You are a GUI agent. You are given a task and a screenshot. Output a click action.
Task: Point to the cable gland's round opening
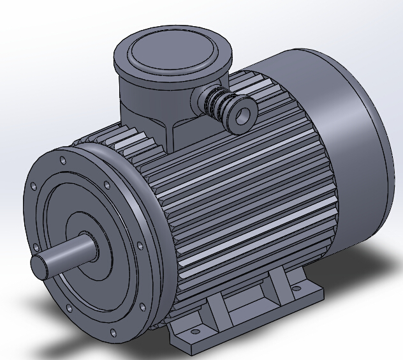click(243, 114)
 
